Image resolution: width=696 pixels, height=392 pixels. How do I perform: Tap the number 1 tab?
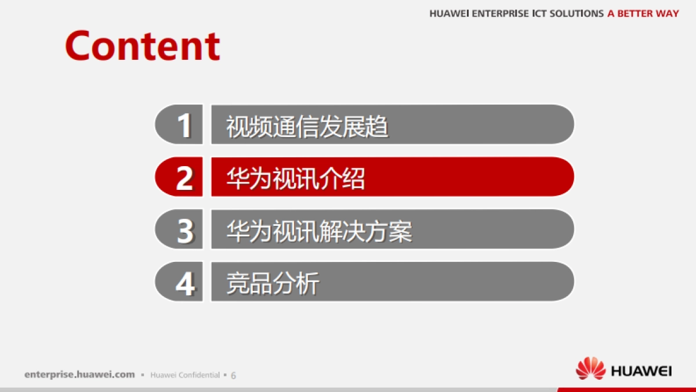click(x=179, y=124)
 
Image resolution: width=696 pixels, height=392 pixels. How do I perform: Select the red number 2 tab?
click(x=179, y=177)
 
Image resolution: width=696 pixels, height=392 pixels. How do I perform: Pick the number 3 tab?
click(x=179, y=229)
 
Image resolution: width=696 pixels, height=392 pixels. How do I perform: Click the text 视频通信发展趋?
click(x=307, y=126)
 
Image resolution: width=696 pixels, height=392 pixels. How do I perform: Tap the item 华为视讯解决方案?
click(x=319, y=231)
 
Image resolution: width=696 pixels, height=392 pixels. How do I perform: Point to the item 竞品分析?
click(x=273, y=283)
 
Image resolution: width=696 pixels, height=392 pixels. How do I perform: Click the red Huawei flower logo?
click(x=590, y=369)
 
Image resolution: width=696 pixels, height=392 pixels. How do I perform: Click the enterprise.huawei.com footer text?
click(x=79, y=375)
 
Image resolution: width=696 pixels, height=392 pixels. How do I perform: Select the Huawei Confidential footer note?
click(x=185, y=375)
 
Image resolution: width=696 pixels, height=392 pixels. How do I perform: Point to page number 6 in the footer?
click(x=233, y=375)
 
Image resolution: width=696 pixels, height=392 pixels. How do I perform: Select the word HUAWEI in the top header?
click(x=449, y=13)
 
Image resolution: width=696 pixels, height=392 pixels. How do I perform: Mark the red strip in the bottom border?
click(x=626, y=389)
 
